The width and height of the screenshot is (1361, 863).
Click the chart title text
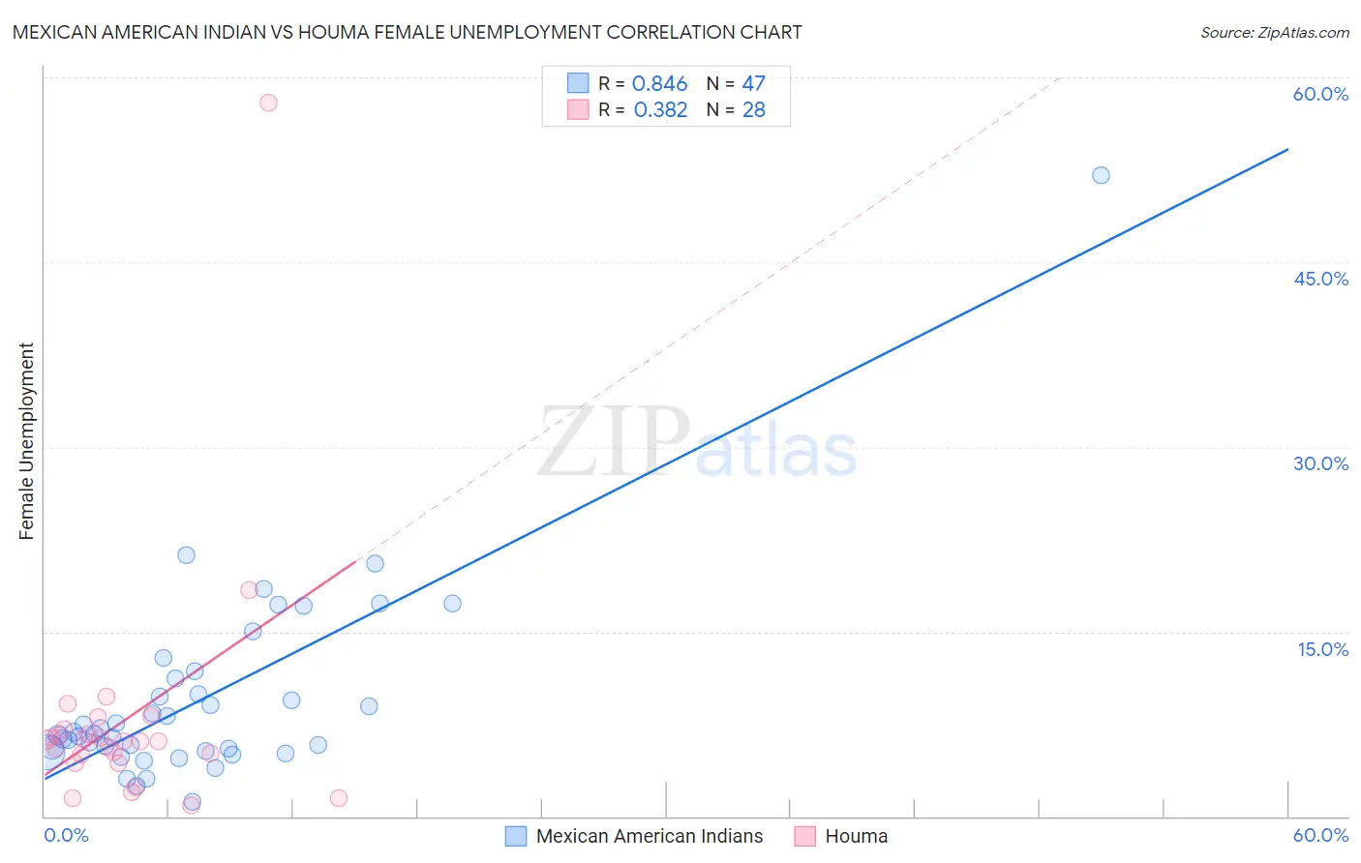(407, 32)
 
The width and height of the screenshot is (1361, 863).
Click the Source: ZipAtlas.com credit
(1274, 33)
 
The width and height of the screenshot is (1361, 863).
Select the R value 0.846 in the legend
(659, 84)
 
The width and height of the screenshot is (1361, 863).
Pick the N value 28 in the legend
(753, 110)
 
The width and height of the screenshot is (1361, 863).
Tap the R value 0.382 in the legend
(660, 110)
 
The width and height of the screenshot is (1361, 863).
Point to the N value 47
(753, 84)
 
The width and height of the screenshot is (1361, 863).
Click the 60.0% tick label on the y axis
(1320, 94)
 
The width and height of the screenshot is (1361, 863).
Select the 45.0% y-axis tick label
(1320, 279)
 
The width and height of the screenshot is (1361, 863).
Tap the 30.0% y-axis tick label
(1320, 463)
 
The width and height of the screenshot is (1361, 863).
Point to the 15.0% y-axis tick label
(1322, 649)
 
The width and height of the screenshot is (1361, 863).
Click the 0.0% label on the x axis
(66, 835)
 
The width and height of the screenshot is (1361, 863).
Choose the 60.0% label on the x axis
(1320, 835)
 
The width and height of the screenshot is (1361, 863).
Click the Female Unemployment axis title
(26, 441)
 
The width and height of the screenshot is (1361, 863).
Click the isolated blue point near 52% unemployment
(1101, 175)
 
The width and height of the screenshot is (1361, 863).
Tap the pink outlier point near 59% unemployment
(268, 103)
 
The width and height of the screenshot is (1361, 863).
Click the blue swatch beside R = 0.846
(578, 83)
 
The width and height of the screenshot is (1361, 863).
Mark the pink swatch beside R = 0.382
(578, 109)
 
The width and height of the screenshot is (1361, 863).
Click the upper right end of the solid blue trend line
(1287, 149)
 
